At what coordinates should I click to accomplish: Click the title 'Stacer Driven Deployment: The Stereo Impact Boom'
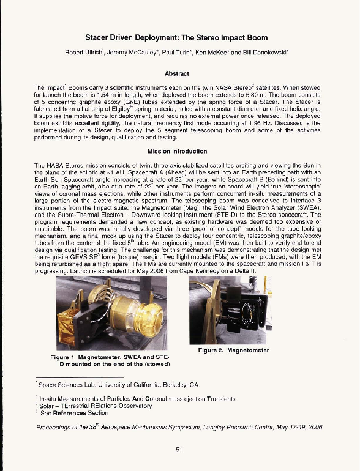(180, 37)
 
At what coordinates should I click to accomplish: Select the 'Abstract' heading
(180, 73)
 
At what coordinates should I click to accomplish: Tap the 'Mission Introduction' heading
(180, 150)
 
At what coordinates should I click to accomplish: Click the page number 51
(179, 450)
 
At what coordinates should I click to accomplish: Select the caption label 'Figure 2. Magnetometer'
(234, 350)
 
